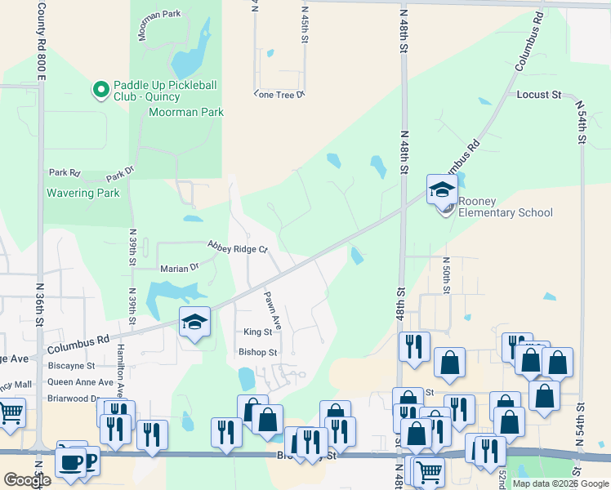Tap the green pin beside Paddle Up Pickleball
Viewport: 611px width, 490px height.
(101, 88)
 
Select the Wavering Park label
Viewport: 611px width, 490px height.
(83, 194)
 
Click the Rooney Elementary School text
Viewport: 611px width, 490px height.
(505, 207)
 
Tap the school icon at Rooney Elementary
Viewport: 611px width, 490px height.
(442, 191)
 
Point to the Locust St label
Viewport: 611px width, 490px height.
(539, 95)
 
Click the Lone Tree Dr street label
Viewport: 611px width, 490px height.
(279, 95)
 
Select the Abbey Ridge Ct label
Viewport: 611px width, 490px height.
(237, 247)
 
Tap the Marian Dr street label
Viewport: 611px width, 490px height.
(180, 267)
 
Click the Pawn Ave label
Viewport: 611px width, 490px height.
(272, 310)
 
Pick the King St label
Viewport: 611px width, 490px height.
(257, 332)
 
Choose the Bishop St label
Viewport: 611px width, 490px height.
(258, 353)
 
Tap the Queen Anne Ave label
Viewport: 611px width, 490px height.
(80, 382)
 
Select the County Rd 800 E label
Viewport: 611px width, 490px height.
(42, 41)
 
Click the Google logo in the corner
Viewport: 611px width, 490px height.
(27, 480)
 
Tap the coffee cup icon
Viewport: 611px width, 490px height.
(72, 461)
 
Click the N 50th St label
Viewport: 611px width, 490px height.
(447, 274)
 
